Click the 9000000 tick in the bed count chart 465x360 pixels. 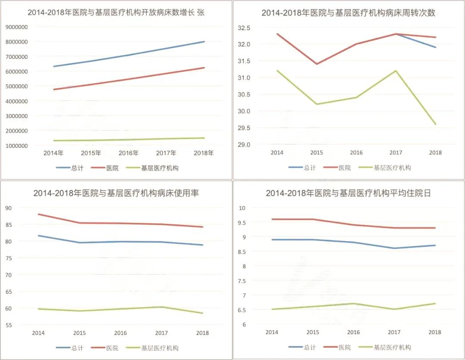(17, 27)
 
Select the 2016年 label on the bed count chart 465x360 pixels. (129, 153)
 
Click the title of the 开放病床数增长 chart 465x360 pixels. (116, 12)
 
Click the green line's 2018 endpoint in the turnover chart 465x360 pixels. (435, 124)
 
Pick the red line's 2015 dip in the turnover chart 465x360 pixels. (317, 64)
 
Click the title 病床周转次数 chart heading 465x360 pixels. (348, 12)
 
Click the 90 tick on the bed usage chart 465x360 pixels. (21, 208)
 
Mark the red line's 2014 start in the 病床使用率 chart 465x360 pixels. (39, 214)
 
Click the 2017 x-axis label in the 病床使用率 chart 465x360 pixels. (162, 333)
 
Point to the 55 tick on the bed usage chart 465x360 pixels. (21, 325)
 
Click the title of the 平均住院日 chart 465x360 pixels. (348, 193)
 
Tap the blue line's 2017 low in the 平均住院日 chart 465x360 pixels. (394, 248)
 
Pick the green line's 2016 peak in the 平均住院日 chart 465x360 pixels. (353, 303)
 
